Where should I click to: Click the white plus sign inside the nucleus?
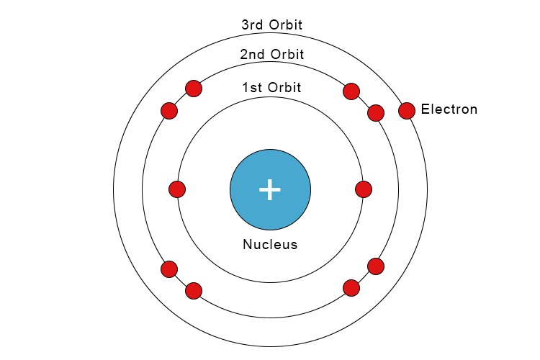(x=270, y=189)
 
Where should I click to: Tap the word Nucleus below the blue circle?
(x=270, y=244)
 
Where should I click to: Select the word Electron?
(x=449, y=109)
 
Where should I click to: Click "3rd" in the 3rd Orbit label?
(x=252, y=24)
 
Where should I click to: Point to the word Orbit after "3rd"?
(x=286, y=24)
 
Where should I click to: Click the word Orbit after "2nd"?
(x=287, y=55)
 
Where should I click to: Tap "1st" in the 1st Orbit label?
(x=253, y=88)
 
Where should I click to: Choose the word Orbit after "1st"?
(x=284, y=88)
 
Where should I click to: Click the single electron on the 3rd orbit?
(x=407, y=111)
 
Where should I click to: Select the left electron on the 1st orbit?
(x=177, y=189)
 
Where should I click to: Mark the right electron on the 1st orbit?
(x=364, y=189)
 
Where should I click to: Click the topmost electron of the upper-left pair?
(x=194, y=89)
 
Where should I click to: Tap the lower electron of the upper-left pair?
(x=169, y=111)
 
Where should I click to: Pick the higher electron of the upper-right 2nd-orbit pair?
(x=351, y=91)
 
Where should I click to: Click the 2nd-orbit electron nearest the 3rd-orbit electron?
(x=376, y=113)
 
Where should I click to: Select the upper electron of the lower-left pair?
(x=169, y=269)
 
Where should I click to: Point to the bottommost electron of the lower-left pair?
(x=194, y=291)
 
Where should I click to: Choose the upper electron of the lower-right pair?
(x=376, y=266)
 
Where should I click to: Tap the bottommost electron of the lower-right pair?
(x=351, y=288)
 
